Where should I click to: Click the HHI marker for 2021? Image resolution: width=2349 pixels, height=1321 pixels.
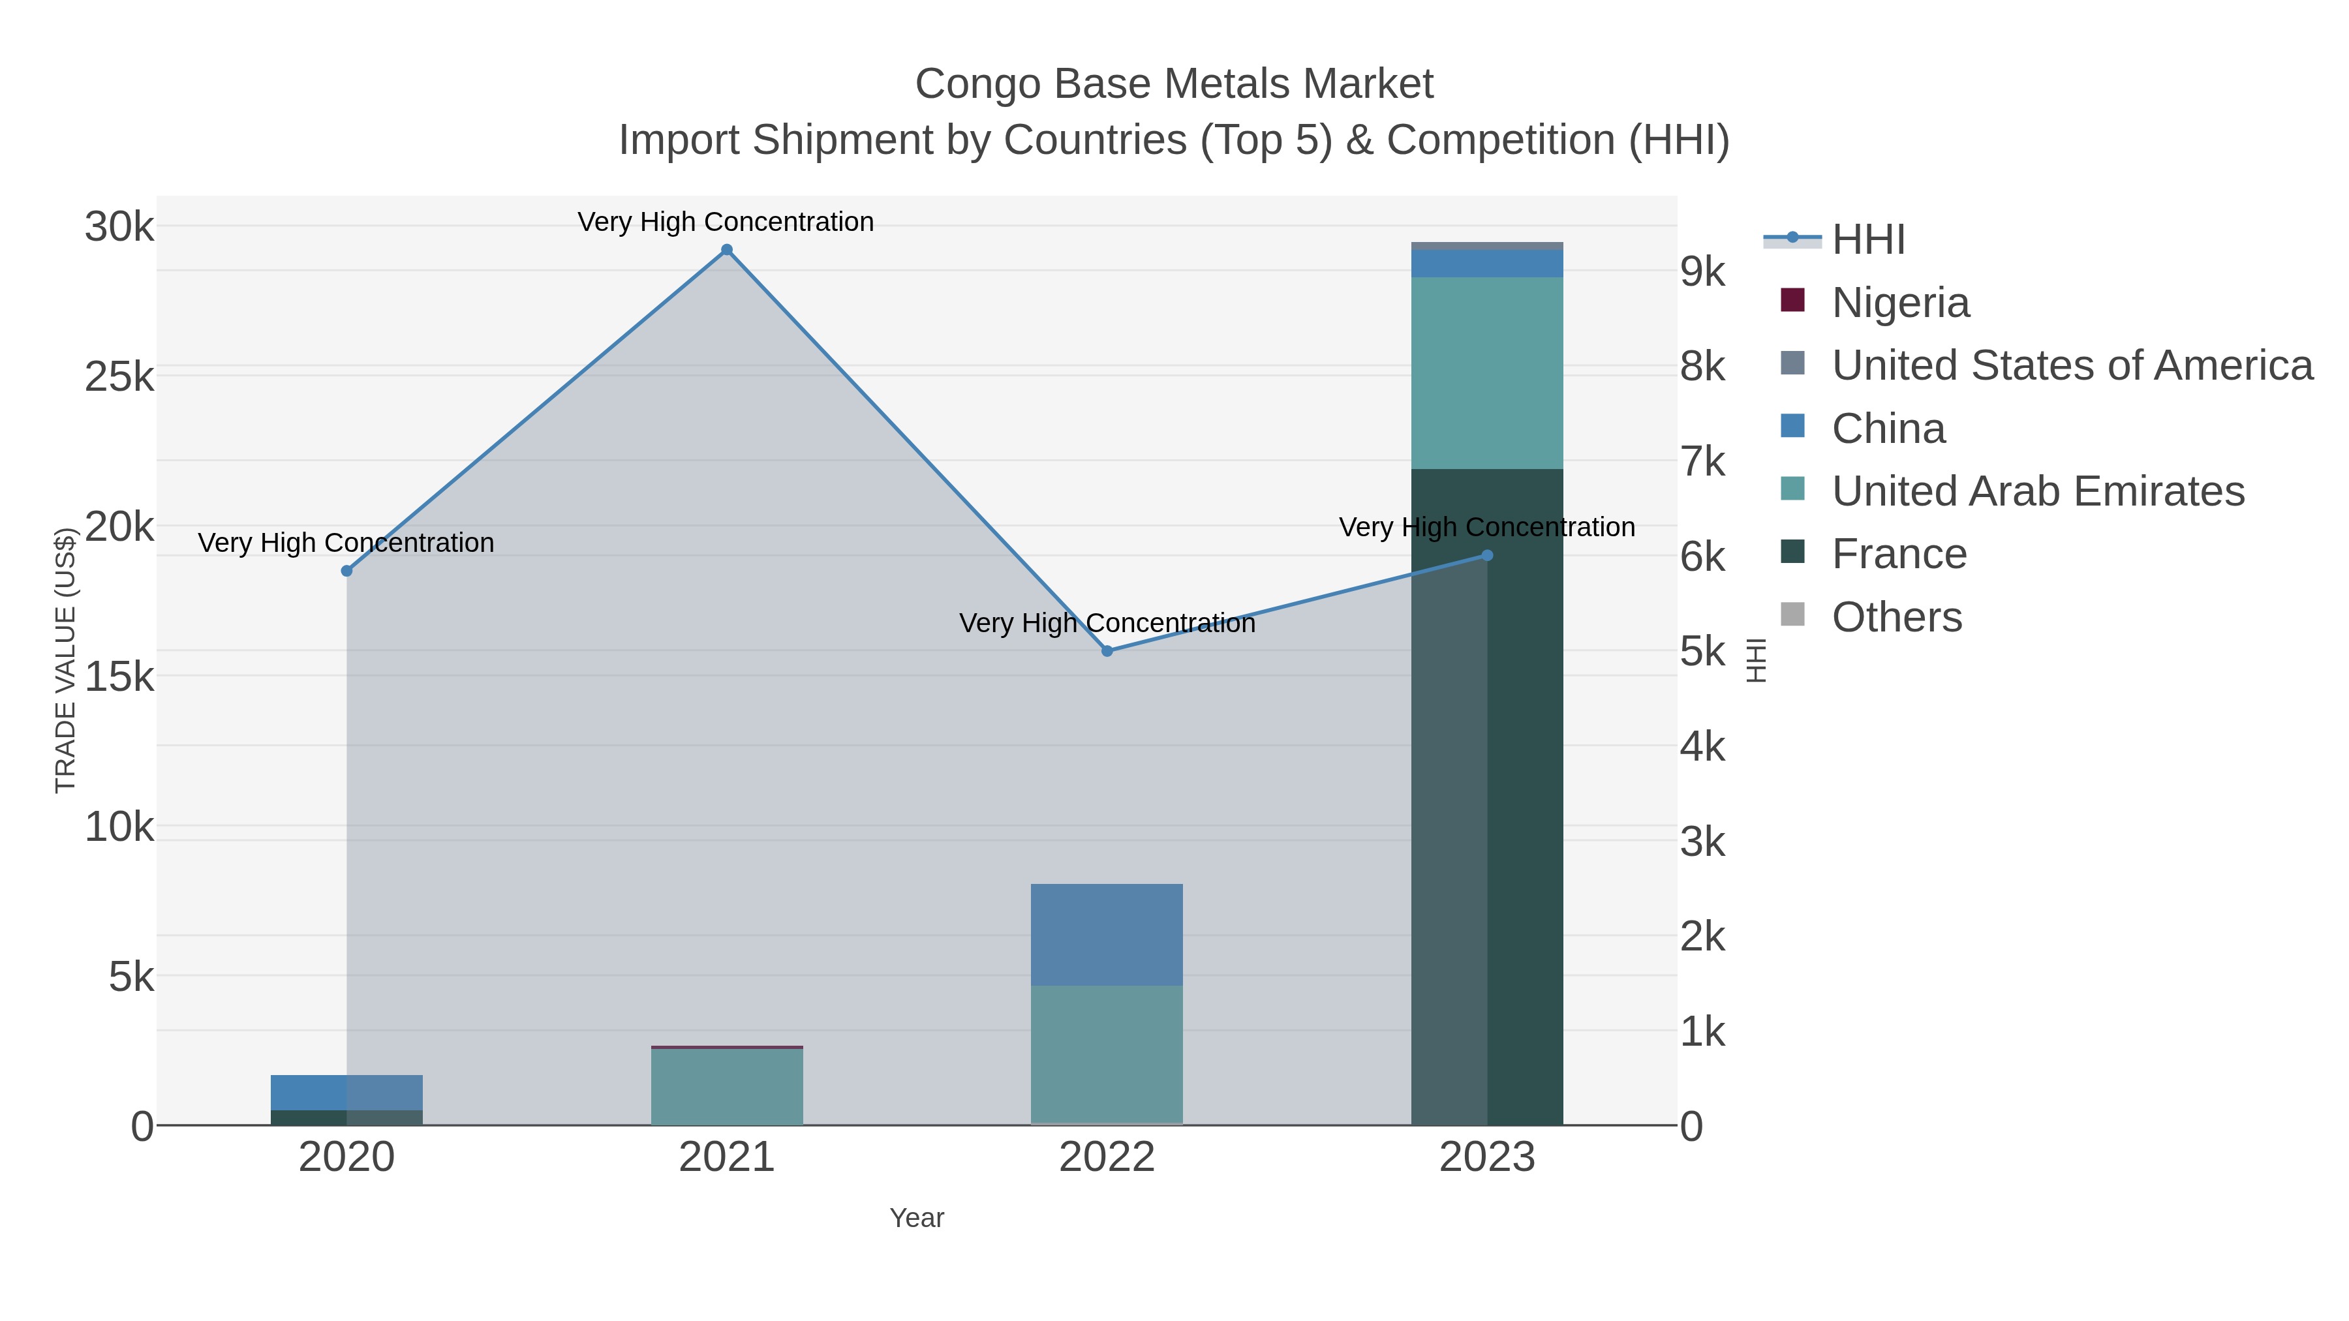pyautogui.click(x=727, y=250)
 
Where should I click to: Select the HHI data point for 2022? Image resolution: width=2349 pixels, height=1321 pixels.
pyautogui.click(x=1107, y=651)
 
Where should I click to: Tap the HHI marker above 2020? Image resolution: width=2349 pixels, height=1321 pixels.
pyautogui.click(x=346, y=571)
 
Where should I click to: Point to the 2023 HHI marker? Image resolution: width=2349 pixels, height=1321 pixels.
pyautogui.click(x=1487, y=555)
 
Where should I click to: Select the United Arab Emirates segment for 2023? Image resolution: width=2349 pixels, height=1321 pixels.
pyautogui.click(x=1487, y=374)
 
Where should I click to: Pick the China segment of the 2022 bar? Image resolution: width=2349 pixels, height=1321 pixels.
pyautogui.click(x=1107, y=934)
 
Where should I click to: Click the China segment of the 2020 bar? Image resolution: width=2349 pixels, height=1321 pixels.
pyautogui.click(x=346, y=1092)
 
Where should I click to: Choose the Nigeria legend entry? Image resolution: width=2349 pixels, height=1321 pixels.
pyautogui.click(x=1900, y=303)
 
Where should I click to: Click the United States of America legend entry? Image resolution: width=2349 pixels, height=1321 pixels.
pyautogui.click(x=2072, y=365)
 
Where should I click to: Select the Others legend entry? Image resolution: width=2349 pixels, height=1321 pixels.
pyautogui.click(x=1897, y=617)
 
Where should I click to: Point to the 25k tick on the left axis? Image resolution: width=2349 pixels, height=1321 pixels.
pyautogui.click(x=119, y=376)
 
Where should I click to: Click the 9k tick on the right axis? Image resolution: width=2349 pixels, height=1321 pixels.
pyautogui.click(x=1702, y=271)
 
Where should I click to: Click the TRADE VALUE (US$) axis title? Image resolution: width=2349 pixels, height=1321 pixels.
pyautogui.click(x=66, y=660)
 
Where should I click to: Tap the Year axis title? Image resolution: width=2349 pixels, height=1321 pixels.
pyautogui.click(x=917, y=1218)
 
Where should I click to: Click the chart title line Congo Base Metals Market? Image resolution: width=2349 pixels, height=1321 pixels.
pyautogui.click(x=1174, y=84)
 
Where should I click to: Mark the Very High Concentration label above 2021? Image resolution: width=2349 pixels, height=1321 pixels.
pyautogui.click(x=726, y=222)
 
